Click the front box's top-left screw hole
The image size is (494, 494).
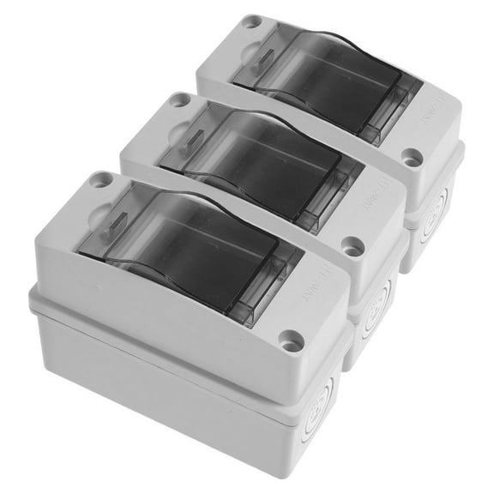[102, 180]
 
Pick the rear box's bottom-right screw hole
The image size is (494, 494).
[413, 157]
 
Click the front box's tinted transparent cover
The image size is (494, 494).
[189, 253]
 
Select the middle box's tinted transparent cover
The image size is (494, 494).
[257, 167]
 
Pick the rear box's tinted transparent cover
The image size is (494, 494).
[322, 86]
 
